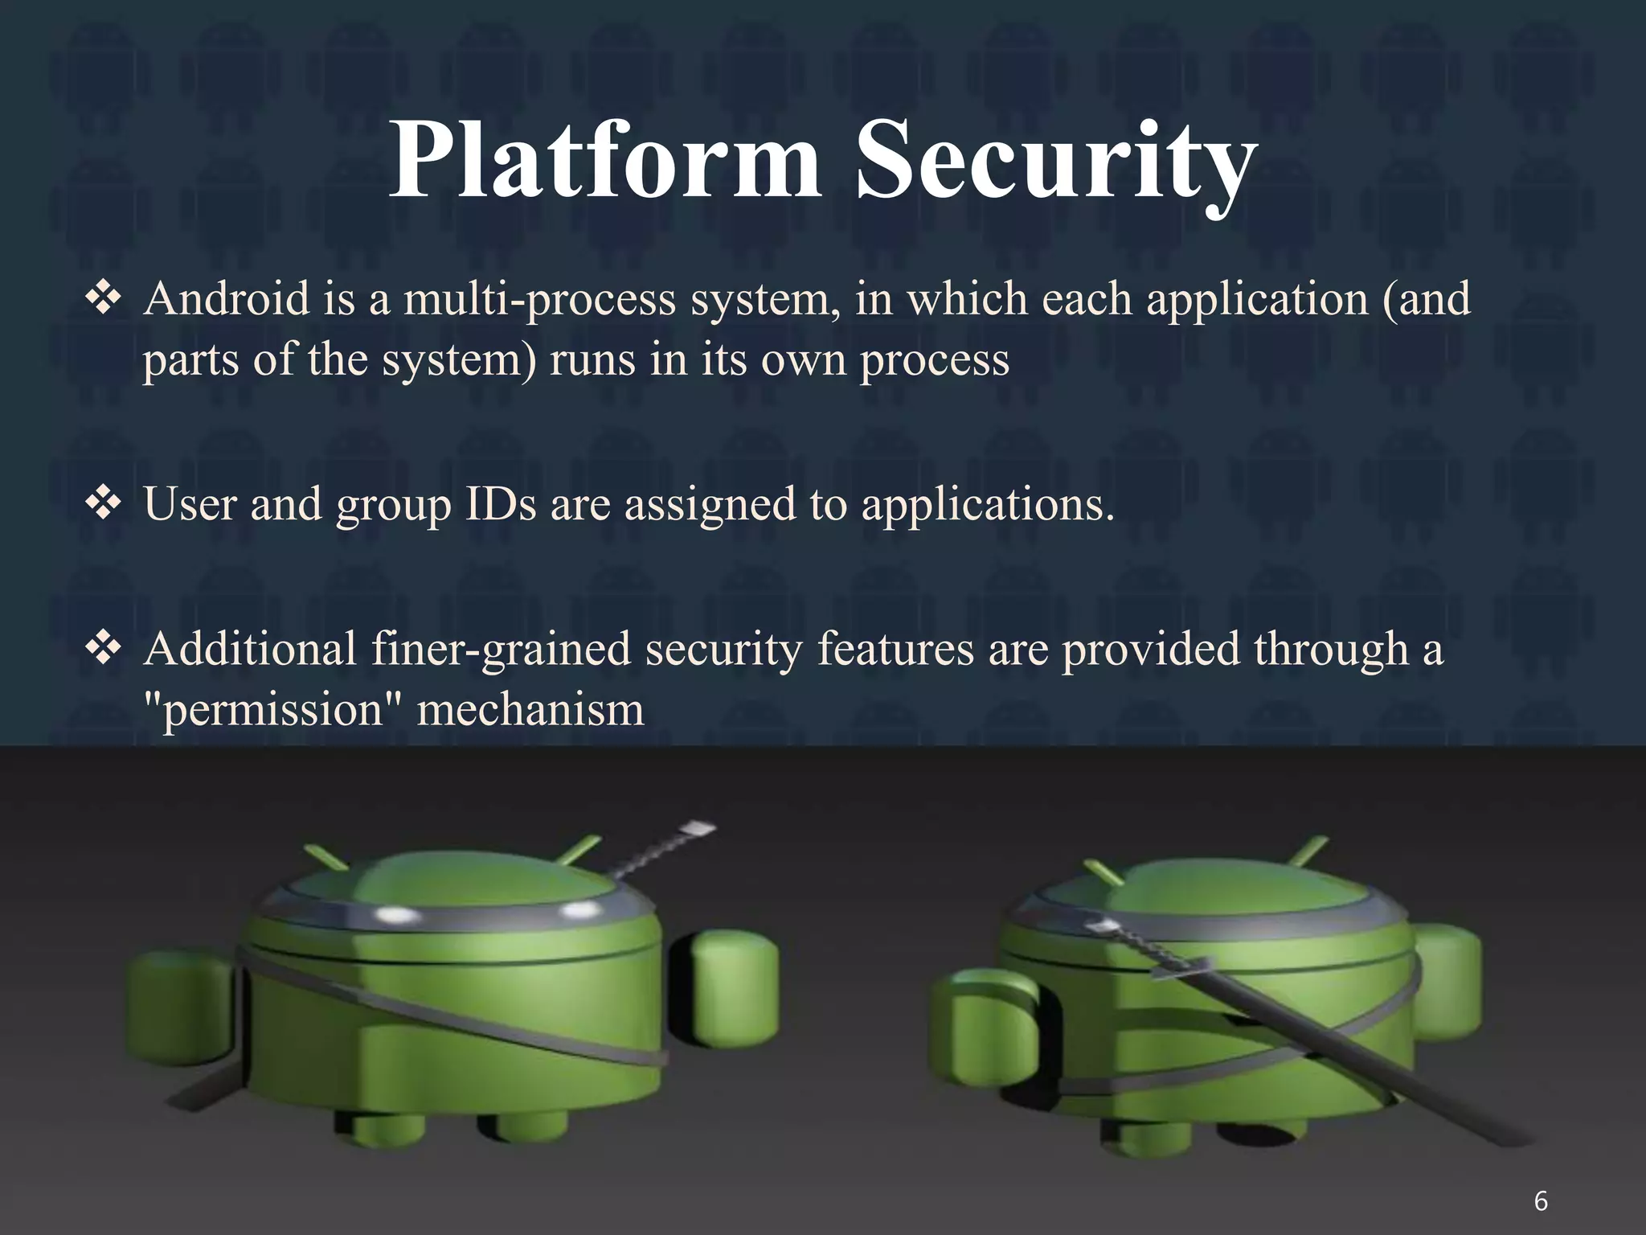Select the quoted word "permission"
[273, 710]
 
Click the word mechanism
[530, 710]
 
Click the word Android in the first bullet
[227, 299]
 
